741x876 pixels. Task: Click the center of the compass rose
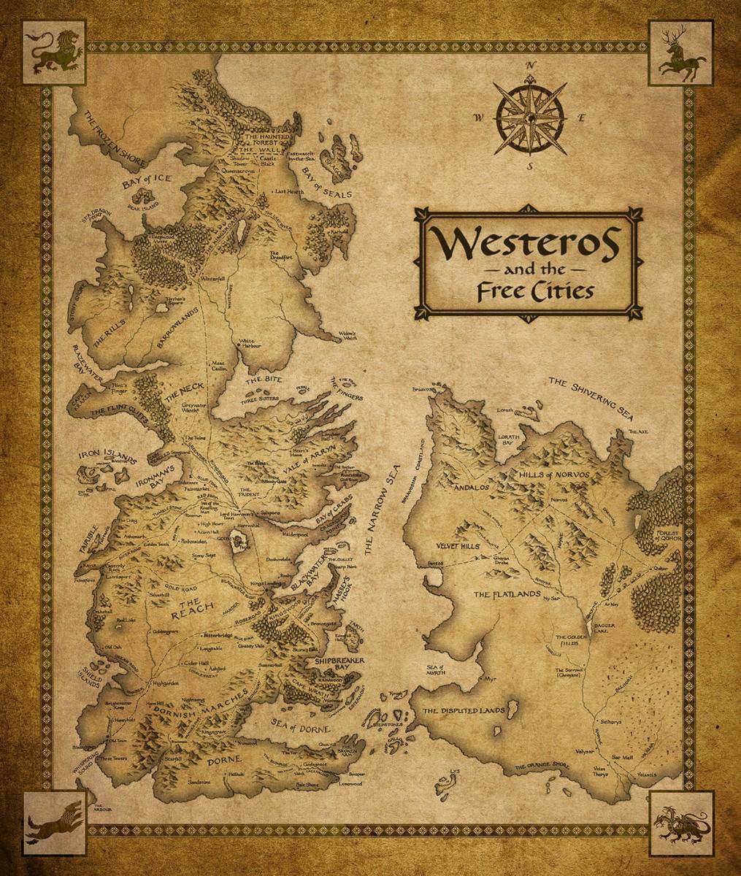(x=530, y=117)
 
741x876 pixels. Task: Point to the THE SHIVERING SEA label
(x=593, y=396)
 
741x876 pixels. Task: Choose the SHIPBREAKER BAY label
(x=335, y=663)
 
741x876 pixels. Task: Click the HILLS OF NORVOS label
(x=563, y=475)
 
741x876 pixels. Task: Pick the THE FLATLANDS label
(x=501, y=595)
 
